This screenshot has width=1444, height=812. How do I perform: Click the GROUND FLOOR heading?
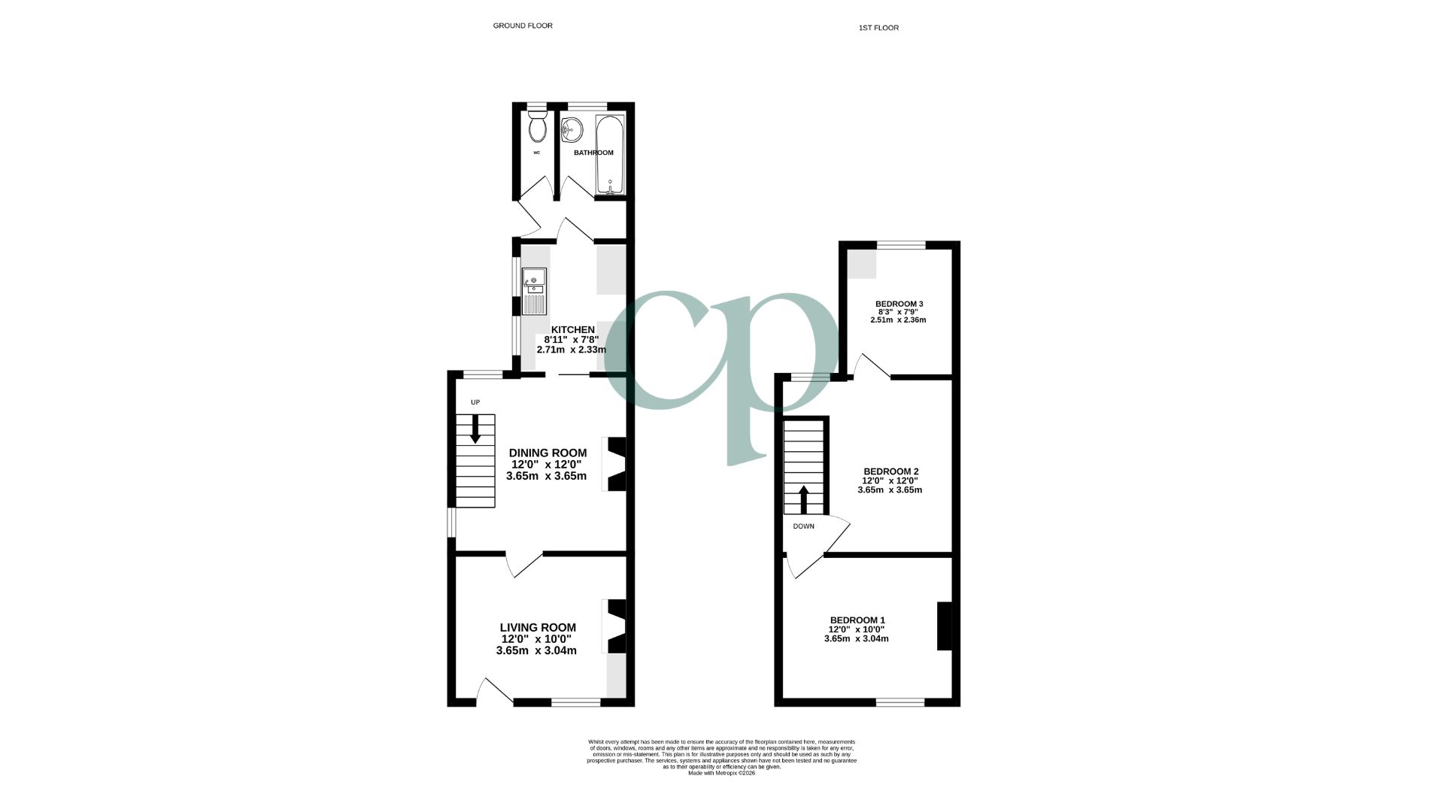coord(523,26)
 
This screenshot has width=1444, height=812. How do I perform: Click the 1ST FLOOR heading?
coord(878,28)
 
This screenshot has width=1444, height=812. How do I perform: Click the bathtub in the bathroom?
coord(609,154)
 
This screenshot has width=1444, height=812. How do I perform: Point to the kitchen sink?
coord(535,291)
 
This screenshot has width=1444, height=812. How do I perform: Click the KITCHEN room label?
coord(573,329)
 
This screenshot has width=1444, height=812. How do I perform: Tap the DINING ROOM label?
coord(548,453)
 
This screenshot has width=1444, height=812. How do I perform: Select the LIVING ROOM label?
coord(538,628)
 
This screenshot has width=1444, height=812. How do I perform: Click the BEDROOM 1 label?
coord(857,620)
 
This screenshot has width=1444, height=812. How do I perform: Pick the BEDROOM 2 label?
coord(890,471)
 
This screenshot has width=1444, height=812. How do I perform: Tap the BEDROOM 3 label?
coord(899,304)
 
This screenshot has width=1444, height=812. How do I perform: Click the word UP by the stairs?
coord(475,402)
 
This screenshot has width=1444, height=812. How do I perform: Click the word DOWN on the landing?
coord(803,526)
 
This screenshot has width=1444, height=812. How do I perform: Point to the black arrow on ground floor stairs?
coord(475,430)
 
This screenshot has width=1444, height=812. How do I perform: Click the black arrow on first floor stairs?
coord(803,498)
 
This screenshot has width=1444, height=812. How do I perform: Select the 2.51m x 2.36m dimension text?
coord(898,320)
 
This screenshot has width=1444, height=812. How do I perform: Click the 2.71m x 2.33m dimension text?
coord(571,350)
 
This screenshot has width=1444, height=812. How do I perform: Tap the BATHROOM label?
coord(593,153)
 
